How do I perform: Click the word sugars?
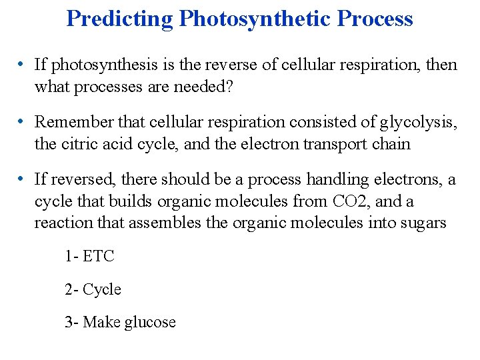coord(426,223)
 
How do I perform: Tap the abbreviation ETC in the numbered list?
coord(99,256)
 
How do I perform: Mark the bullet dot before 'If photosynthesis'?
coord(22,65)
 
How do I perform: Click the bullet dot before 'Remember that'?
coord(22,123)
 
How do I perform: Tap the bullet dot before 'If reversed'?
coord(22,180)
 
